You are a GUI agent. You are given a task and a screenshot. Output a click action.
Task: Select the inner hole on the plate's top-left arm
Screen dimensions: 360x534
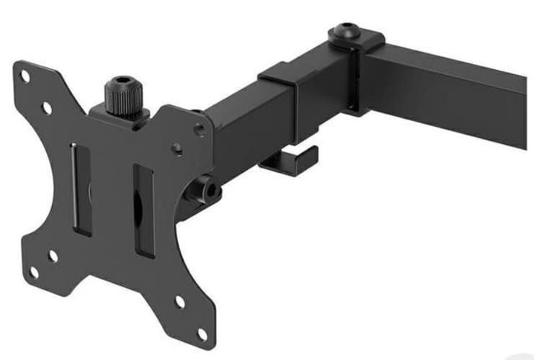coord(48,108)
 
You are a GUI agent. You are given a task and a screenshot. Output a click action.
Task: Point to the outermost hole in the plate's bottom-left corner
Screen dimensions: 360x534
coord(32,272)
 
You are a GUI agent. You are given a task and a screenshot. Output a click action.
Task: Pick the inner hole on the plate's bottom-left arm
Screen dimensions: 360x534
coord(53,255)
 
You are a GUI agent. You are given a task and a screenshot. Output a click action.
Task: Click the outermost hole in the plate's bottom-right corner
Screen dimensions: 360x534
coord(203,333)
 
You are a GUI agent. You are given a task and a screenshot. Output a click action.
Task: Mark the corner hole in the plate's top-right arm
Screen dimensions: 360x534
coord(200,130)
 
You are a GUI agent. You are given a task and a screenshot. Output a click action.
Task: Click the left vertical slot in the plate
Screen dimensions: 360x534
coord(82,189)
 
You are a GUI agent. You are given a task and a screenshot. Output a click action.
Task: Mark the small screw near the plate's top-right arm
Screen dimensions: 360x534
coord(177,148)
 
